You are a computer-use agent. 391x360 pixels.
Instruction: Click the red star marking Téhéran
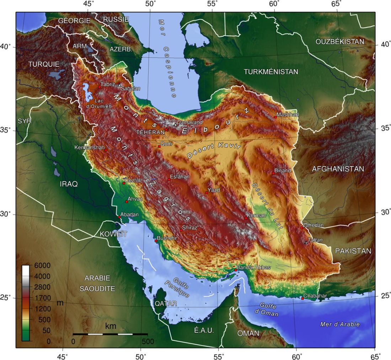[166, 130]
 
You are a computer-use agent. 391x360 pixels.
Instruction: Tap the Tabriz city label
[107, 84]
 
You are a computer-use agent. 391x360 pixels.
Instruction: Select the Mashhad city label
[288, 115]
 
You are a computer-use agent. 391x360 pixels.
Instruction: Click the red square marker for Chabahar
[302, 299]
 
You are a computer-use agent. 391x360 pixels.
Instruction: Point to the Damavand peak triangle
[175, 124]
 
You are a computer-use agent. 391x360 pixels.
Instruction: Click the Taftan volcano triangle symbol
[306, 242]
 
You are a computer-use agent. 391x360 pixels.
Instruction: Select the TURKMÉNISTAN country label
[271, 72]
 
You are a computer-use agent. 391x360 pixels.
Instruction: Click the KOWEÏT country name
[113, 234]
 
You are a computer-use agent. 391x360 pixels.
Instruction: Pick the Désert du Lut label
[267, 206]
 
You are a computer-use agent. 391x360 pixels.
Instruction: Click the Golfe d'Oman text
[269, 310]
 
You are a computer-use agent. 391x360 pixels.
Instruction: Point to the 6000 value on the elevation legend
[43, 266]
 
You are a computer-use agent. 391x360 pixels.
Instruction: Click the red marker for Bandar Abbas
[235, 270]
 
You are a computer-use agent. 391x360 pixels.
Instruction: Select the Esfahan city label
[180, 176]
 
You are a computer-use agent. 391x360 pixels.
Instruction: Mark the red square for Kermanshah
[106, 150]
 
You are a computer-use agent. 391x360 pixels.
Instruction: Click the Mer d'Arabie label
[340, 324]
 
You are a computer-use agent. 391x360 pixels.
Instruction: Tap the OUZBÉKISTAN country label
[340, 42]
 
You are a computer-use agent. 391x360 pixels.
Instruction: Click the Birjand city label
[283, 170]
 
